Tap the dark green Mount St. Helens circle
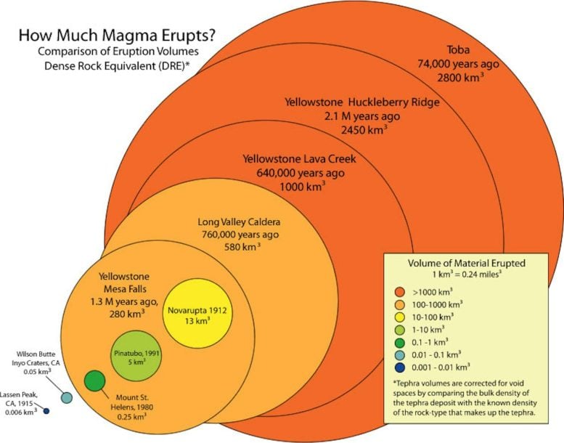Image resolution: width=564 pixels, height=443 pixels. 95,381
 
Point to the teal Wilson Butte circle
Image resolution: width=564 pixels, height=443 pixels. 66,397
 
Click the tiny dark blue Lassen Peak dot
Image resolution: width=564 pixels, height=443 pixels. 46,412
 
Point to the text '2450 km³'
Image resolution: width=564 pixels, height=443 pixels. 364,129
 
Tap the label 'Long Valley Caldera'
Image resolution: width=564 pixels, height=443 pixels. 239,221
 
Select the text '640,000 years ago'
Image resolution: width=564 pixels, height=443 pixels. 300,172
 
